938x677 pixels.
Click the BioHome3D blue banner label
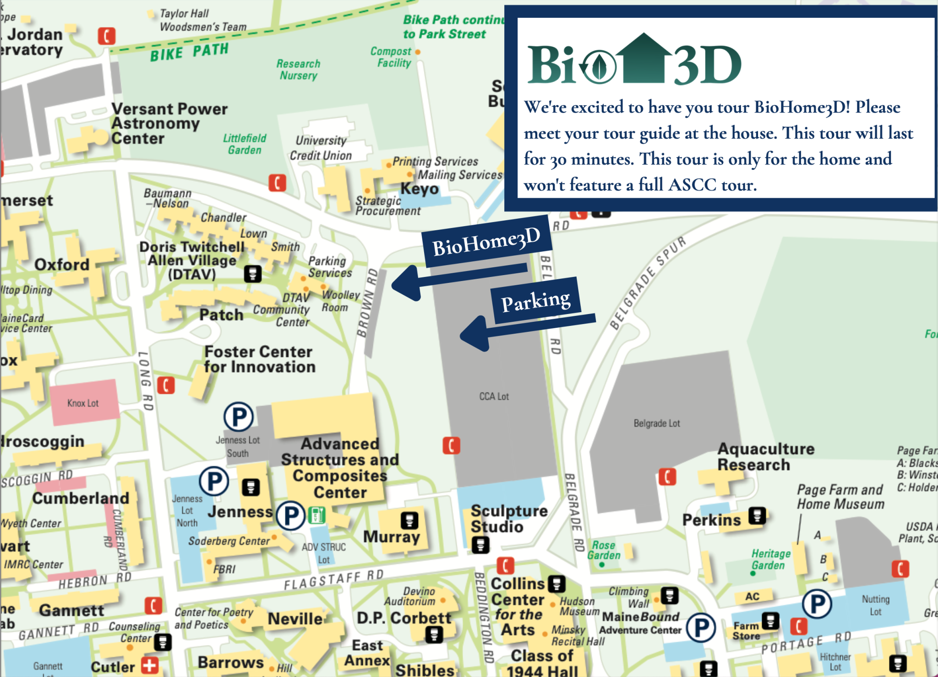[x=486, y=241]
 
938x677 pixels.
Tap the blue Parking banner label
[x=536, y=301]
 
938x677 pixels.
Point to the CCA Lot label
[x=494, y=396]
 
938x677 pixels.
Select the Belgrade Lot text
[x=656, y=423]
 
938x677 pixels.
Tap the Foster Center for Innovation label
[x=260, y=359]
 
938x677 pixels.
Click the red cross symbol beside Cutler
[x=150, y=665]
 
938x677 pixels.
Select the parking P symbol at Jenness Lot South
[x=239, y=417]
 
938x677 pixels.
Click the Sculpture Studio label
[x=508, y=519]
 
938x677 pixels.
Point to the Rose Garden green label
[x=604, y=550]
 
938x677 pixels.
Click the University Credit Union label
[x=321, y=148]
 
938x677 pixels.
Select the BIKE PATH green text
[x=189, y=52]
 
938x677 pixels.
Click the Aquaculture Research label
[x=765, y=456]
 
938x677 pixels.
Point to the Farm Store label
[x=746, y=631]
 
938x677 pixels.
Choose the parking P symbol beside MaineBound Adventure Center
[x=701, y=627]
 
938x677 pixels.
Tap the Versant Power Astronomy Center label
[x=169, y=124]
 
